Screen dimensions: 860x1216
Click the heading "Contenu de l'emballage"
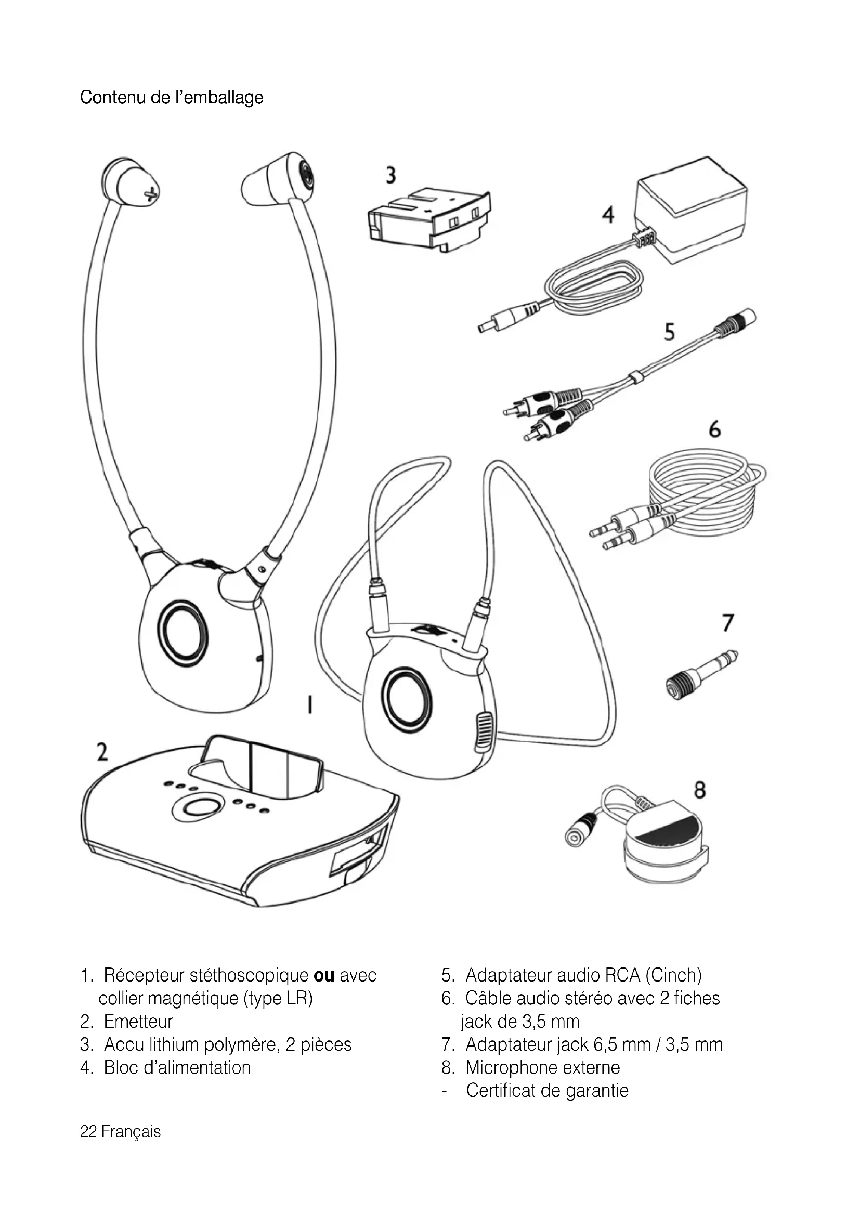click(x=172, y=97)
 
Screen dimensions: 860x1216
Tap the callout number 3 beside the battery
click(x=391, y=175)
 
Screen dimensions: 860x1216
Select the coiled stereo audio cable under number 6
click(x=680, y=499)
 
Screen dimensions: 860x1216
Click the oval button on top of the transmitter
click(x=196, y=807)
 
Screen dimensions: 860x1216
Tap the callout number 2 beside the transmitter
click(x=102, y=752)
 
